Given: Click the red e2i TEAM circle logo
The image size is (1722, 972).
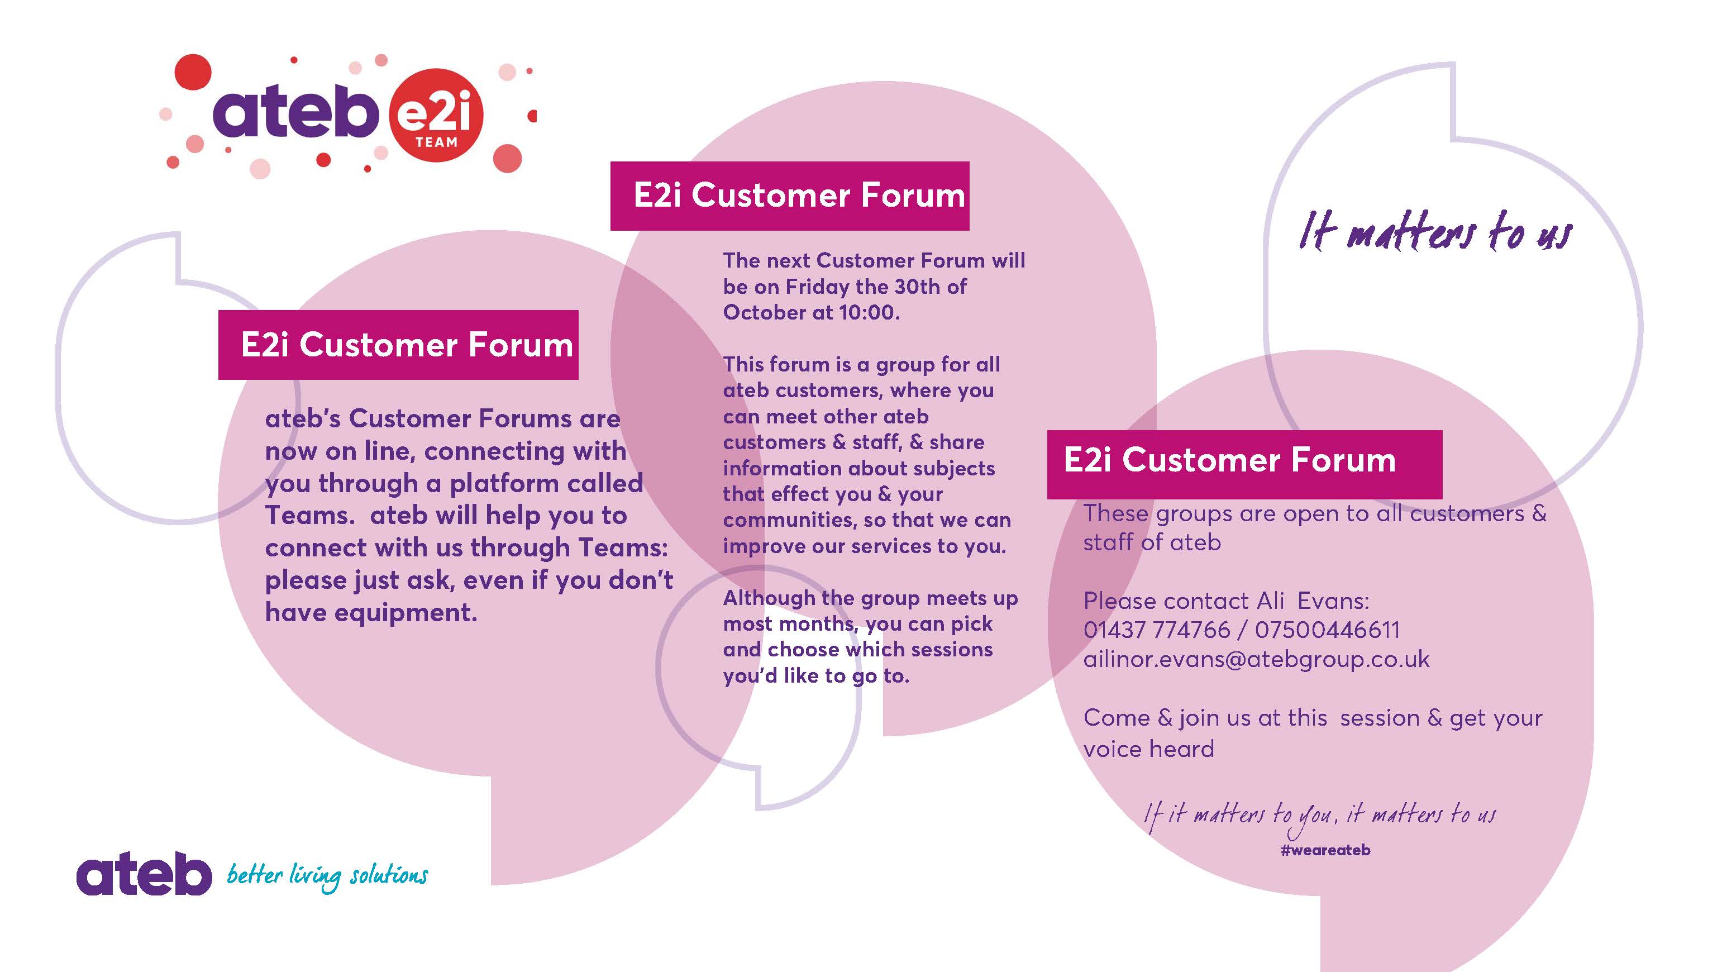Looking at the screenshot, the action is pyautogui.click(x=436, y=116).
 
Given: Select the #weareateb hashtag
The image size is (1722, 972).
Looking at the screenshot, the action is pyautogui.click(x=1325, y=850).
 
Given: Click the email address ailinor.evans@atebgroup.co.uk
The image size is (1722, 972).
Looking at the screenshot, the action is pyautogui.click(x=1256, y=659).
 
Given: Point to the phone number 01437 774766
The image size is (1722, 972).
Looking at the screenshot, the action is pyautogui.click(x=1156, y=630).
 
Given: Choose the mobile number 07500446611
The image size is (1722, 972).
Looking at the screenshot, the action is pyautogui.click(x=1327, y=630).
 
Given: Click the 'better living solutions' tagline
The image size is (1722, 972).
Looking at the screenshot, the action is pyautogui.click(x=327, y=876).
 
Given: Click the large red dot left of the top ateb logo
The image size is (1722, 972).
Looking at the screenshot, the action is pyautogui.click(x=193, y=72).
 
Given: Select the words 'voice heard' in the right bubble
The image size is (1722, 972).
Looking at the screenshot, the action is pyautogui.click(x=1148, y=749).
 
